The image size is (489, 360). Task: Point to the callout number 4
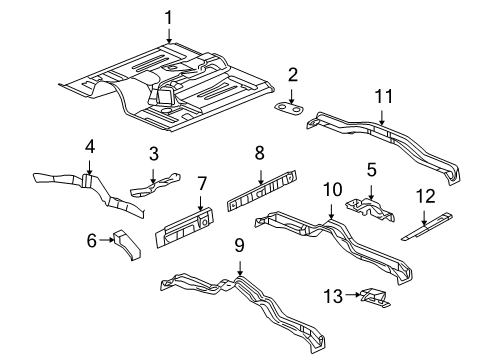point(90,146)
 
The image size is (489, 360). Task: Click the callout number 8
point(259,153)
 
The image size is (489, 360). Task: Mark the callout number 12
point(425,197)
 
